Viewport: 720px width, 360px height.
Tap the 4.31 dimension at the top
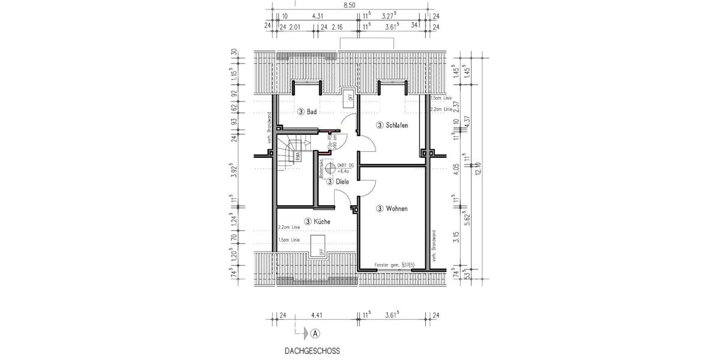pyautogui.click(x=318, y=16)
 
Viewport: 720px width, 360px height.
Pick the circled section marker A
pyautogui.click(x=316, y=332)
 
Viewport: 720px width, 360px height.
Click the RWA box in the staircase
pyautogui.click(x=298, y=156)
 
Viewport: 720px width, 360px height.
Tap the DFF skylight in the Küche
pyautogui.click(x=316, y=245)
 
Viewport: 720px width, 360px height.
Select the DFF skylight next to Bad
pyautogui.click(x=347, y=98)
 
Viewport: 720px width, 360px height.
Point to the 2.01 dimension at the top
pyautogui.click(x=295, y=27)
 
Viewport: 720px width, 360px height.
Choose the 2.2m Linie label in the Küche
pyautogui.click(x=290, y=227)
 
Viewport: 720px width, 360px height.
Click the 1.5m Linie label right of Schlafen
pyautogui.click(x=443, y=98)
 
